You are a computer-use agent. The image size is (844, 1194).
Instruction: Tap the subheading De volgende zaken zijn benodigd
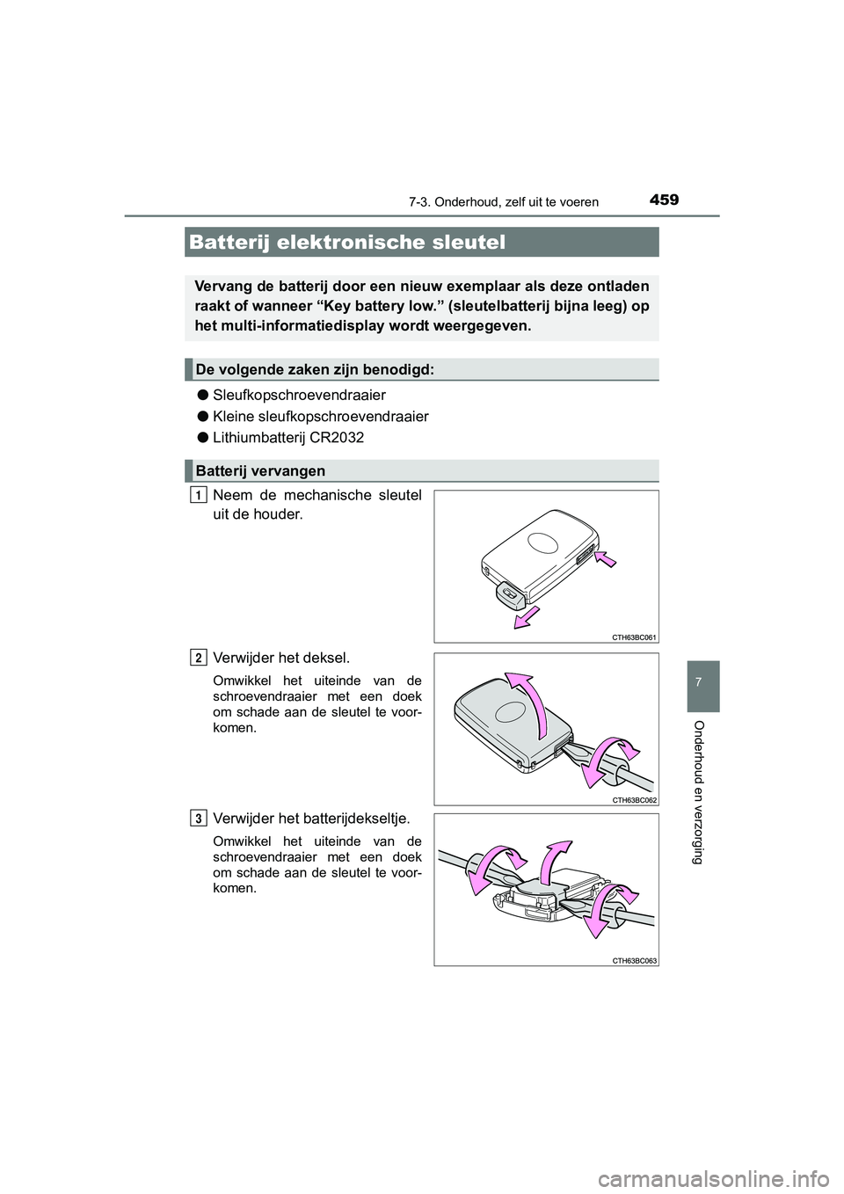click(314, 370)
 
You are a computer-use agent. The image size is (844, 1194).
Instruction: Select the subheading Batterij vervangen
click(261, 471)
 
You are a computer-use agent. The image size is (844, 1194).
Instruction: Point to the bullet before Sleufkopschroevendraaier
click(201, 395)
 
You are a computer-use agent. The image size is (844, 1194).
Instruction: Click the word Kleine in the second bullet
click(233, 416)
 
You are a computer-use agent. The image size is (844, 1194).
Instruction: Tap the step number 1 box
click(201, 495)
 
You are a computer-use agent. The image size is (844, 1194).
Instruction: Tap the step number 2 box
click(201, 657)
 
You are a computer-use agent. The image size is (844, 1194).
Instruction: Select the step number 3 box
click(201, 819)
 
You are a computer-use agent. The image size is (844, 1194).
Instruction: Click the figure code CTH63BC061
click(634, 637)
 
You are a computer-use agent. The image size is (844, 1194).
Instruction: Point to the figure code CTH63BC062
click(634, 799)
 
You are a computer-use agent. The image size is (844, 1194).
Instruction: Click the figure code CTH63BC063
click(634, 961)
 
